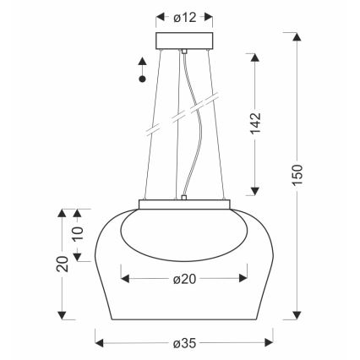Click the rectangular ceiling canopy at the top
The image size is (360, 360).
click(x=183, y=42)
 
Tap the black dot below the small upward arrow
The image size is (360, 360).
click(x=143, y=79)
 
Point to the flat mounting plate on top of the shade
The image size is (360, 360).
click(x=183, y=203)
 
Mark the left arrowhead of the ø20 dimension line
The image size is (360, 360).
click(x=125, y=276)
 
